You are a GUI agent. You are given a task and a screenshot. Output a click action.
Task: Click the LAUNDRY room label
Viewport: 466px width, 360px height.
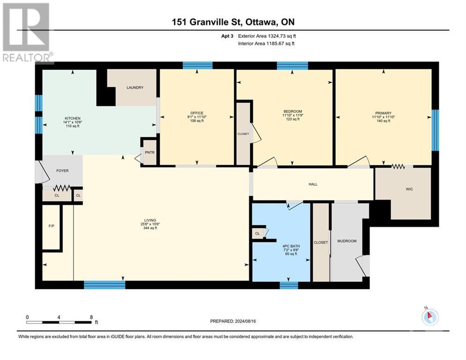tap(134, 88)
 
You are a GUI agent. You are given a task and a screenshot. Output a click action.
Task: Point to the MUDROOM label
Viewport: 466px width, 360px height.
tap(347, 241)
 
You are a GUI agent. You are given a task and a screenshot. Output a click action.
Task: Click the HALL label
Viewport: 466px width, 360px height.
tap(313, 184)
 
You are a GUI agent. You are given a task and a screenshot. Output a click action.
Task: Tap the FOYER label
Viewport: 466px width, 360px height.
tap(62, 171)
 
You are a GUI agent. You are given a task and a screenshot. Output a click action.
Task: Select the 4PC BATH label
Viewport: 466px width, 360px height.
tap(291, 246)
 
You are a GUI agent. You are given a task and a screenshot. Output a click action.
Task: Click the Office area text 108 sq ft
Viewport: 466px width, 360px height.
tap(197, 121)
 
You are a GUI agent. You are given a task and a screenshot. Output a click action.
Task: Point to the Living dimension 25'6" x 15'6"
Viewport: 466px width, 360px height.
tap(150, 224)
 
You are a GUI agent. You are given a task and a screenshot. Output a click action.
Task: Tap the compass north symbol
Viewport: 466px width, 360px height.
tap(430, 317)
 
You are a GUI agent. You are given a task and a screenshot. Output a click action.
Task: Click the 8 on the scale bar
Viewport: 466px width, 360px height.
tap(91, 317)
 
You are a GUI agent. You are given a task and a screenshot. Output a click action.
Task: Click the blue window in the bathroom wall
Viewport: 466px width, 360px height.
tap(288, 285)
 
